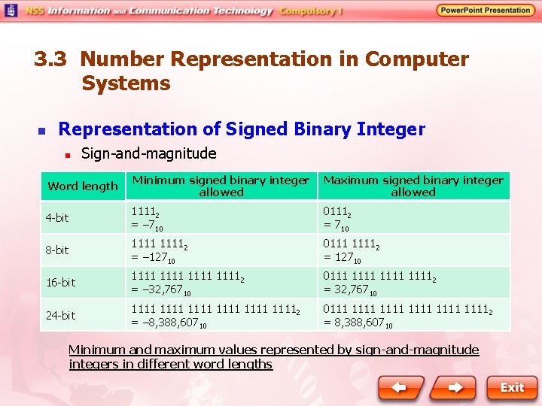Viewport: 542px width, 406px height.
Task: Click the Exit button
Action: pyautogui.click(x=511, y=387)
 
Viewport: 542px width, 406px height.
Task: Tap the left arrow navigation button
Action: pyautogui.click(x=400, y=387)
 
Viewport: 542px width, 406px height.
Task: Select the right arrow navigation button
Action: pyautogui.click(x=455, y=387)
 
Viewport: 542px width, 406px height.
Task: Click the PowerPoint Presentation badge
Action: pyautogui.click(x=486, y=11)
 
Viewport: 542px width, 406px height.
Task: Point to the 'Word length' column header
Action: pyautogui.click(x=83, y=186)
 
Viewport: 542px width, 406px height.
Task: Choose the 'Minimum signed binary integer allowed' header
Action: pyautogui.click(x=221, y=186)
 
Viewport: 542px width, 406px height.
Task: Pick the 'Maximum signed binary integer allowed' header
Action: pyautogui.click(x=413, y=186)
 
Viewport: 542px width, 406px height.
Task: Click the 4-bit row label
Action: pyautogui.click(x=57, y=218)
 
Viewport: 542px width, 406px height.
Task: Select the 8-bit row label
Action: pyautogui.click(x=57, y=250)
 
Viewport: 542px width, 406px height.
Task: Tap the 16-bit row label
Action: pyautogui.click(x=60, y=283)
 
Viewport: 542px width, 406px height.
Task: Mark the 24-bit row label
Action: pyautogui.click(x=60, y=316)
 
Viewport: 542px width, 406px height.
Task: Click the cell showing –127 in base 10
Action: pyautogui.click(x=221, y=250)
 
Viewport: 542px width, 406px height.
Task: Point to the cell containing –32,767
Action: pyautogui.click(x=221, y=283)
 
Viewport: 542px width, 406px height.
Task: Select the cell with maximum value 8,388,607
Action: pyautogui.click(x=413, y=316)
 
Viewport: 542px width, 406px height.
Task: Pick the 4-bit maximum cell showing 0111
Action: pyautogui.click(x=413, y=218)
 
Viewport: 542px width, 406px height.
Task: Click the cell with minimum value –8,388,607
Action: pyautogui.click(x=221, y=316)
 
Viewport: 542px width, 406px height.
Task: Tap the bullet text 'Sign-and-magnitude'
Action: pyautogui.click(x=148, y=154)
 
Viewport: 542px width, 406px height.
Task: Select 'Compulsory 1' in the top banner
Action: pyautogui.click(x=311, y=11)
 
